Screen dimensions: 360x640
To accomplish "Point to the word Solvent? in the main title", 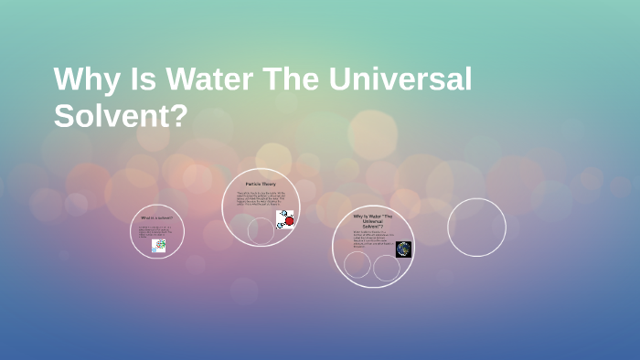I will click(120, 116).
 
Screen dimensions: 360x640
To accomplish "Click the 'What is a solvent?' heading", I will click(156, 218).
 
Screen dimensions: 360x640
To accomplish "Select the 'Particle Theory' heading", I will click(261, 185).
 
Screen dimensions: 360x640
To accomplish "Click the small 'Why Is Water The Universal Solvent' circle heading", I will click(373, 220).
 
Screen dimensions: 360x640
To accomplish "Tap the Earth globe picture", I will click(403, 249).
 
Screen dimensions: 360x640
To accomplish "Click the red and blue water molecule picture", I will click(285, 219).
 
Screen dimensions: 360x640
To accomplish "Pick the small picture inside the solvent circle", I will click(159, 246).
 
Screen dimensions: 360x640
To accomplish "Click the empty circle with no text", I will click(476, 228).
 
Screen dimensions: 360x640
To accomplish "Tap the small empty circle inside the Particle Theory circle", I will click(261, 231).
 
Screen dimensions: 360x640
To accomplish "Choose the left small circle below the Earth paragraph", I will click(357, 265).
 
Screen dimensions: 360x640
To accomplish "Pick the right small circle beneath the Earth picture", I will click(387, 268).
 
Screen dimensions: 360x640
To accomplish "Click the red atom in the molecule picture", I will click(290, 220).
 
